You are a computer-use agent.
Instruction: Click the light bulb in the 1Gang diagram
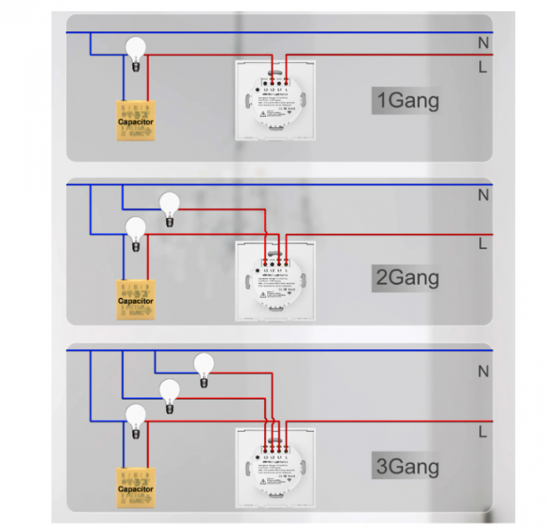137,51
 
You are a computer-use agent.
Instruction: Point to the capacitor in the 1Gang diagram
135,122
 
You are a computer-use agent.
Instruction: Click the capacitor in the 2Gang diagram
135,300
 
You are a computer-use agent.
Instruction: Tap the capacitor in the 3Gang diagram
135,488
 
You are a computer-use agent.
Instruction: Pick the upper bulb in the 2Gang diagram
169,206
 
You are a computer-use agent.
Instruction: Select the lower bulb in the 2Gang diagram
136,229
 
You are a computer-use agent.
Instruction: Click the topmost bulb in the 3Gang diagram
204,366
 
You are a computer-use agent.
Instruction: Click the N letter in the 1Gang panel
483,43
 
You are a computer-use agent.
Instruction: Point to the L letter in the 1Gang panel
482,68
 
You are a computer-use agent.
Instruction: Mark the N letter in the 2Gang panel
483,196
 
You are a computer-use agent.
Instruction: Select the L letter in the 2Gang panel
482,244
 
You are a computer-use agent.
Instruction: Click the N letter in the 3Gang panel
483,371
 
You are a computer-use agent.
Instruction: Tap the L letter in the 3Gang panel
482,432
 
